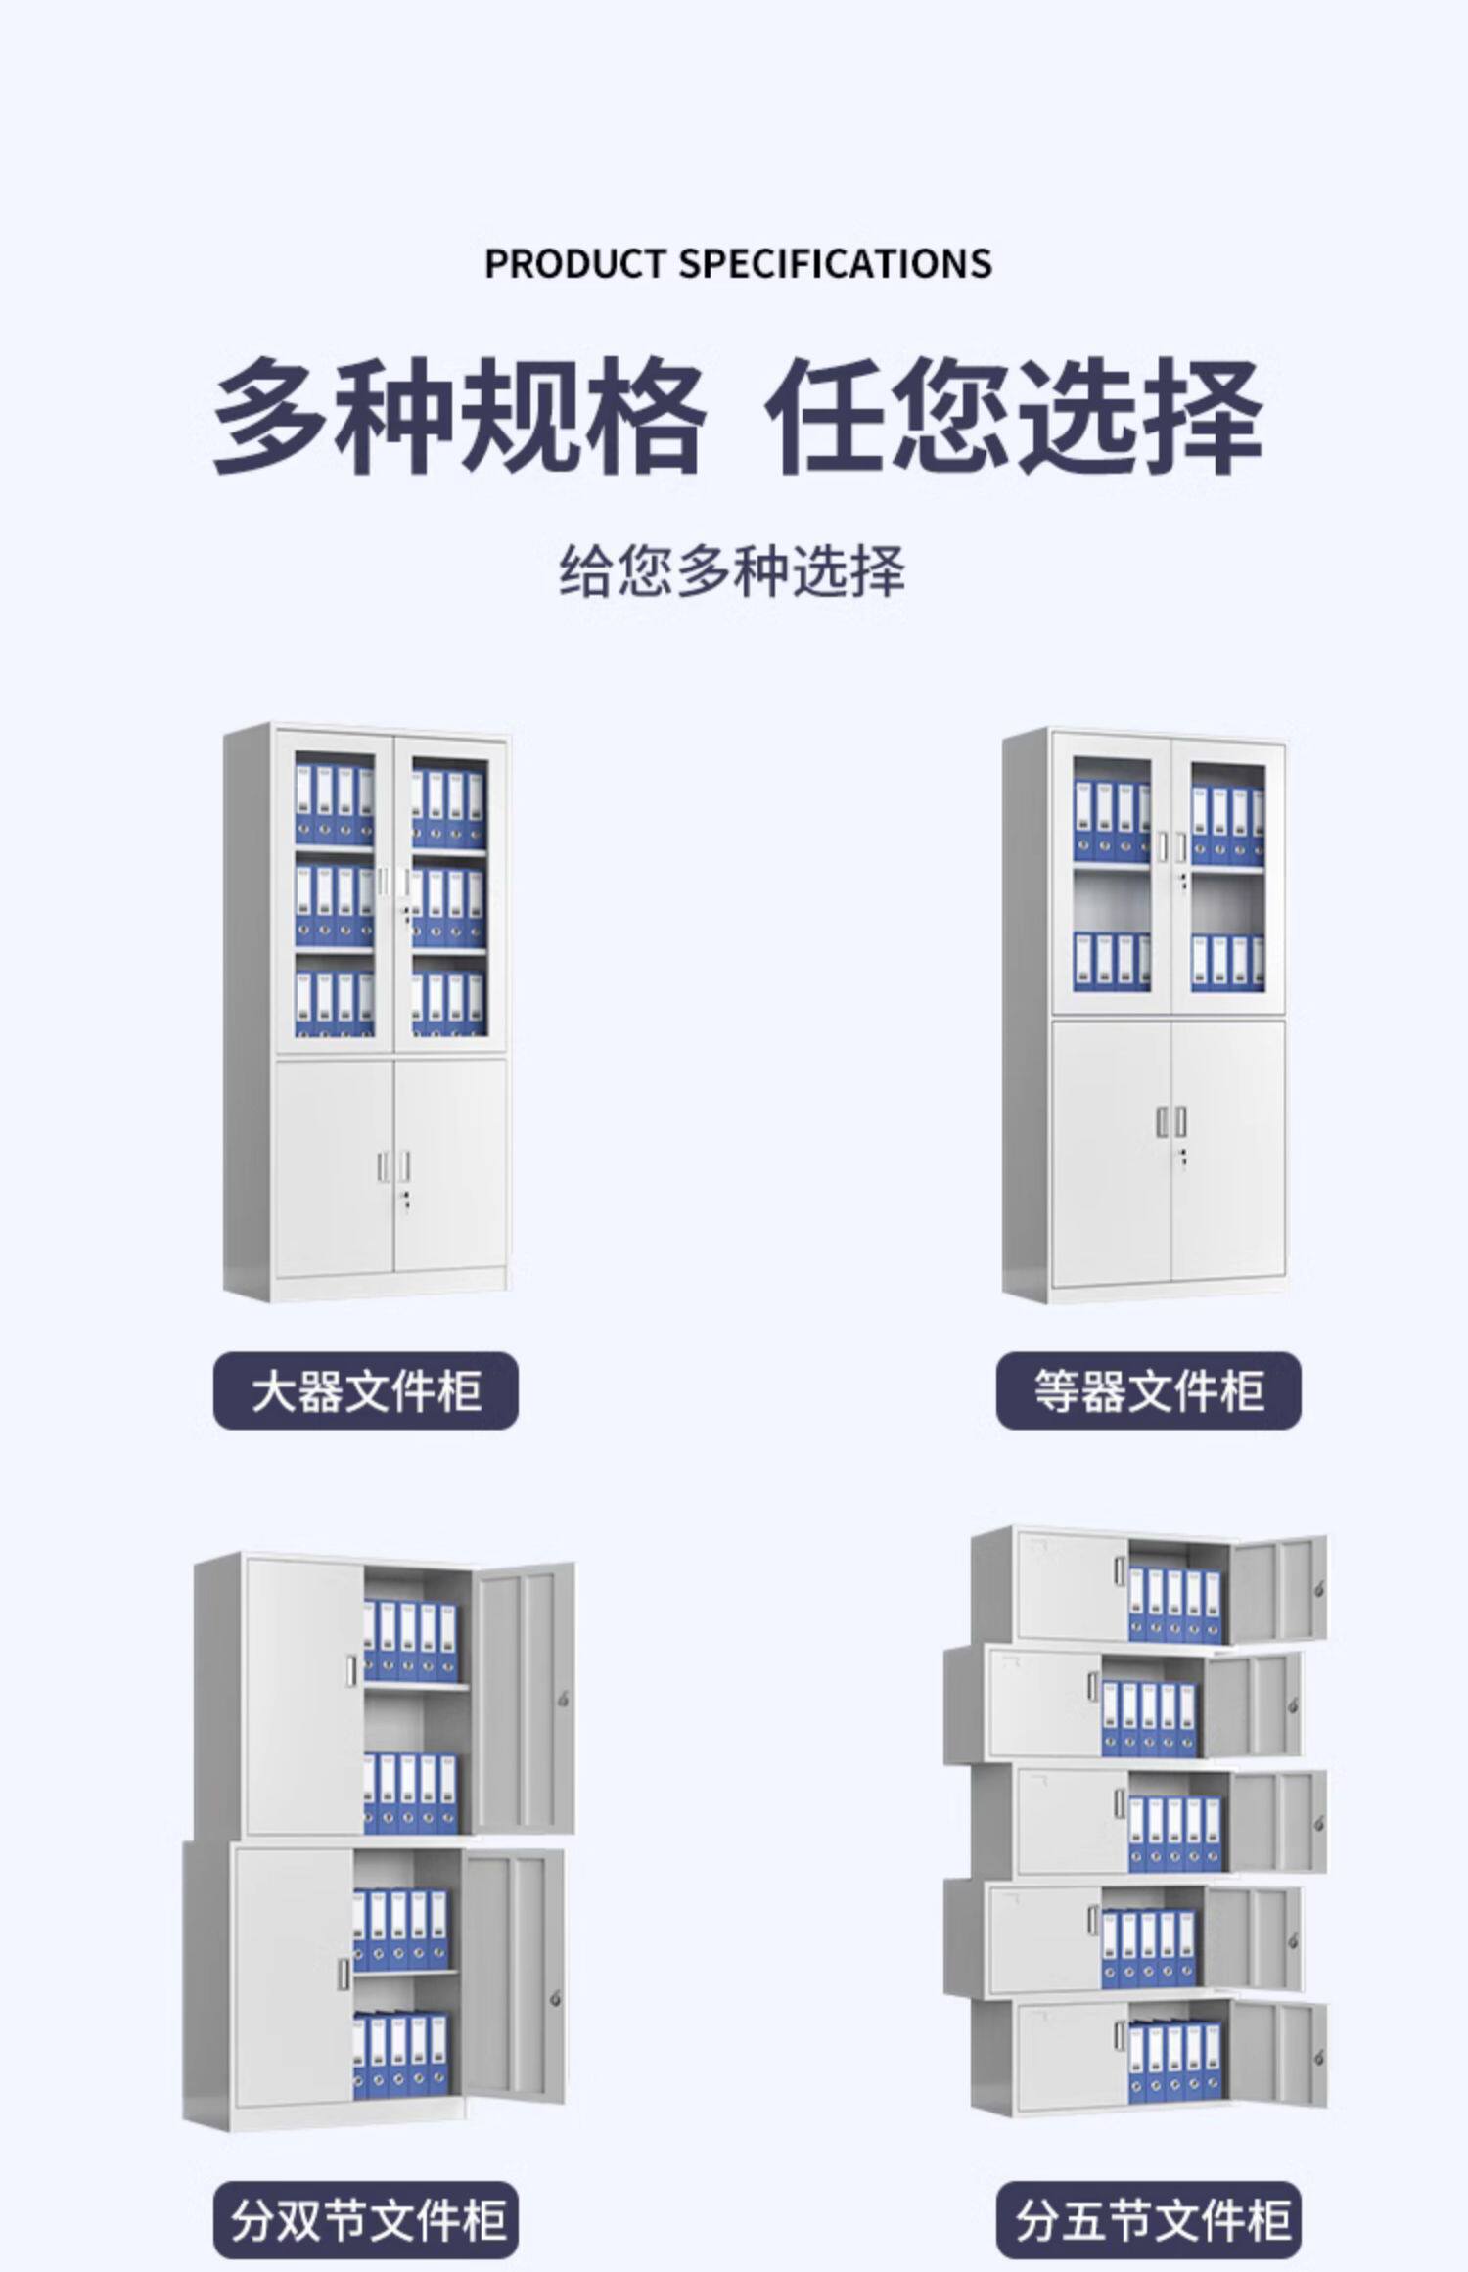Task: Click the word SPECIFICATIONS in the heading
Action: coord(835,264)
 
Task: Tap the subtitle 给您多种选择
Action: coord(732,571)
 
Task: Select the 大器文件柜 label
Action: coord(365,1390)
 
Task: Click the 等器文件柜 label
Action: coord(1148,1390)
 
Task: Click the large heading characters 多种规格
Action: coord(458,417)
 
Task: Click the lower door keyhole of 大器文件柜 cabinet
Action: coord(404,1200)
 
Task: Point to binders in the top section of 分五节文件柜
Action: coord(1174,1605)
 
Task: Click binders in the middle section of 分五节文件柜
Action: coord(1174,1834)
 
